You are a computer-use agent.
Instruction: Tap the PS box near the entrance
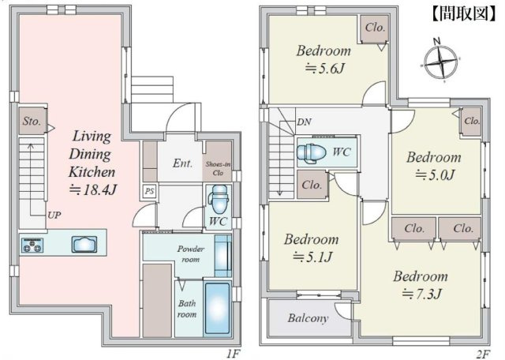149,191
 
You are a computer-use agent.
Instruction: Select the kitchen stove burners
32,245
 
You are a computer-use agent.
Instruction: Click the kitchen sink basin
84,244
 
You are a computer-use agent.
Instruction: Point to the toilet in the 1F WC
219,201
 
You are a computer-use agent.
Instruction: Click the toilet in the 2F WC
311,152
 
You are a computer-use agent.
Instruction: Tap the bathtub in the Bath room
218,309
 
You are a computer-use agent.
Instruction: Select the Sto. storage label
32,121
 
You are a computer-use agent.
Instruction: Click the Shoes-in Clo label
218,168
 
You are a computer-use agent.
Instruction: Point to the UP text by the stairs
54,215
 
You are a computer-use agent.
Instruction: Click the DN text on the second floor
305,122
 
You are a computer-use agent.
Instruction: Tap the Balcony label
309,318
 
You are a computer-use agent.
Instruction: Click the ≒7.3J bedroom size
422,294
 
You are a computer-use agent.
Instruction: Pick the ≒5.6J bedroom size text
324,69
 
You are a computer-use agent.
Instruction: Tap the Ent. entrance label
182,163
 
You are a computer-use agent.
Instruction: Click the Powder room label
191,254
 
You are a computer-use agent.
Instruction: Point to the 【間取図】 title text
464,13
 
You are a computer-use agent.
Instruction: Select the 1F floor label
234,354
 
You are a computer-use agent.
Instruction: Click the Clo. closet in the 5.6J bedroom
375,28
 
